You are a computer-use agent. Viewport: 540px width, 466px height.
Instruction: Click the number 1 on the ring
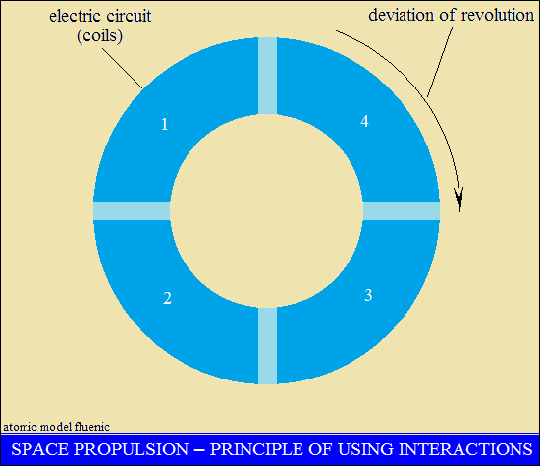pyautogui.click(x=165, y=124)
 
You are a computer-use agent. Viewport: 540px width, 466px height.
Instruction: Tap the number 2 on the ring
pyautogui.click(x=167, y=298)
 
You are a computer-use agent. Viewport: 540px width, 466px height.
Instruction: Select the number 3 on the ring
pyautogui.click(x=368, y=295)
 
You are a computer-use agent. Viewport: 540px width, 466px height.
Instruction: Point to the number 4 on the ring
pyautogui.click(x=364, y=121)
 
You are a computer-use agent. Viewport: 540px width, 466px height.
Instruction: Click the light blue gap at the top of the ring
pyautogui.click(x=268, y=76)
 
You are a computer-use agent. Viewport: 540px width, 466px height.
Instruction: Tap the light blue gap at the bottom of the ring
pyautogui.click(x=268, y=346)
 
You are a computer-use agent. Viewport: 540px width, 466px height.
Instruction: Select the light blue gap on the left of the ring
pyautogui.click(x=132, y=210)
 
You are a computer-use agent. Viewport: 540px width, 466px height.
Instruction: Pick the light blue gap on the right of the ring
pyautogui.click(x=402, y=210)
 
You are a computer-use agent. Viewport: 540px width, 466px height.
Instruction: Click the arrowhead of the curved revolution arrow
pyautogui.click(x=459, y=200)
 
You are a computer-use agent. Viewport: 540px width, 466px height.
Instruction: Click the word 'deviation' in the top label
pyautogui.click(x=402, y=15)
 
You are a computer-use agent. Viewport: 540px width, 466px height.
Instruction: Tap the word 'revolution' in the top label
pyautogui.click(x=498, y=15)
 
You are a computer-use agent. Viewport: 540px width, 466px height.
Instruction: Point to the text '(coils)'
pyautogui.click(x=99, y=35)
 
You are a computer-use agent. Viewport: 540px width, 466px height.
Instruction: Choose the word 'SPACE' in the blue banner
pyautogui.click(x=40, y=449)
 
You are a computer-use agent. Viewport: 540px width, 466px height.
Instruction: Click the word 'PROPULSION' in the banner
pyautogui.click(x=132, y=449)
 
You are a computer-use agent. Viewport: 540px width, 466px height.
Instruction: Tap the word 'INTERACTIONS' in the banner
pyautogui.click(x=465, y=449)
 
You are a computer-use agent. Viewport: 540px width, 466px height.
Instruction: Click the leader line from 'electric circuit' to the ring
pyautogui.click(x=123, y=68)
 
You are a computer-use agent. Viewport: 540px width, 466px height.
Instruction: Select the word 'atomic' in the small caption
pyautogui.click(x=20, y=427)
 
